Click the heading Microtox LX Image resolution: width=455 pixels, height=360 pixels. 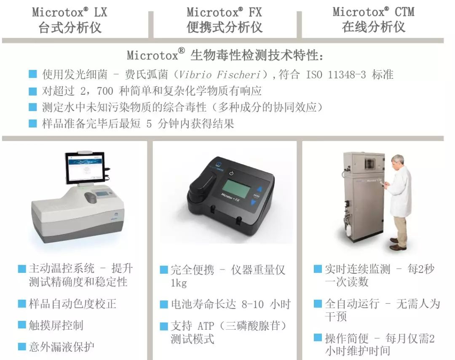(x=70, y=13)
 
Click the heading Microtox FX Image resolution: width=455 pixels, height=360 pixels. (x=224, y=13)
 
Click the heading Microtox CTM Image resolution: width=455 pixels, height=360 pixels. (x=373, y=12)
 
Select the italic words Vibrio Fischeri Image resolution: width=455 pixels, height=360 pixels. (x=219, y=75)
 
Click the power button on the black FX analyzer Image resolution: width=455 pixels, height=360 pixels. (x=231, y=173)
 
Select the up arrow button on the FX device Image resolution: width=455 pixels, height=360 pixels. (x=260, y=189)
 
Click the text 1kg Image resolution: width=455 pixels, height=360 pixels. (x=179, y=283)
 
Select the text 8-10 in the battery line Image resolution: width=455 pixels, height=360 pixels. (x=252, y=304)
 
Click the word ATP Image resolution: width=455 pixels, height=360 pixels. (x=206, y=326)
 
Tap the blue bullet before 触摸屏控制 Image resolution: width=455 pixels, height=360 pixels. (x=22, y=325)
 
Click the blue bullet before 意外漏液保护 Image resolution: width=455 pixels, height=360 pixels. (x=22, y=347)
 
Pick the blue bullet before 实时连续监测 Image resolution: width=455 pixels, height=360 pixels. (x=318, y=269)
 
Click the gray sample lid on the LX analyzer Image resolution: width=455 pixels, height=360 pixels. (x=91, y=197)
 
